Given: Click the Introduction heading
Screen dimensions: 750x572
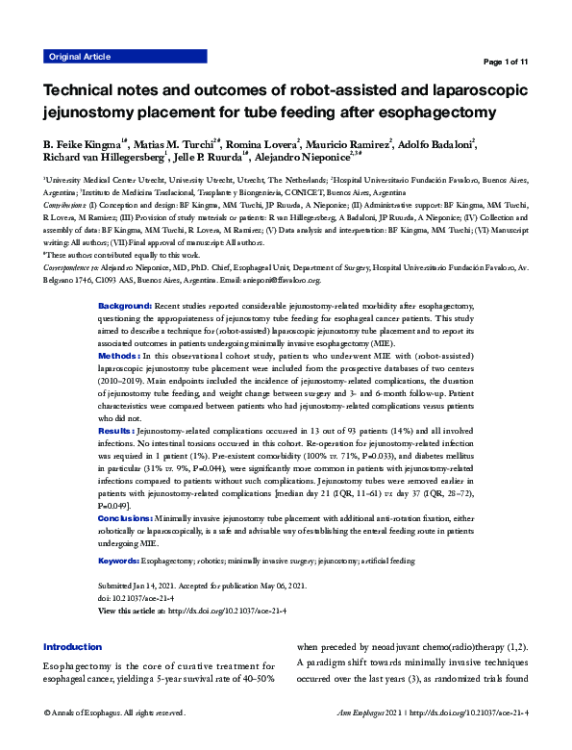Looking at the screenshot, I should pyautogui.click(x=72, y=647).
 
